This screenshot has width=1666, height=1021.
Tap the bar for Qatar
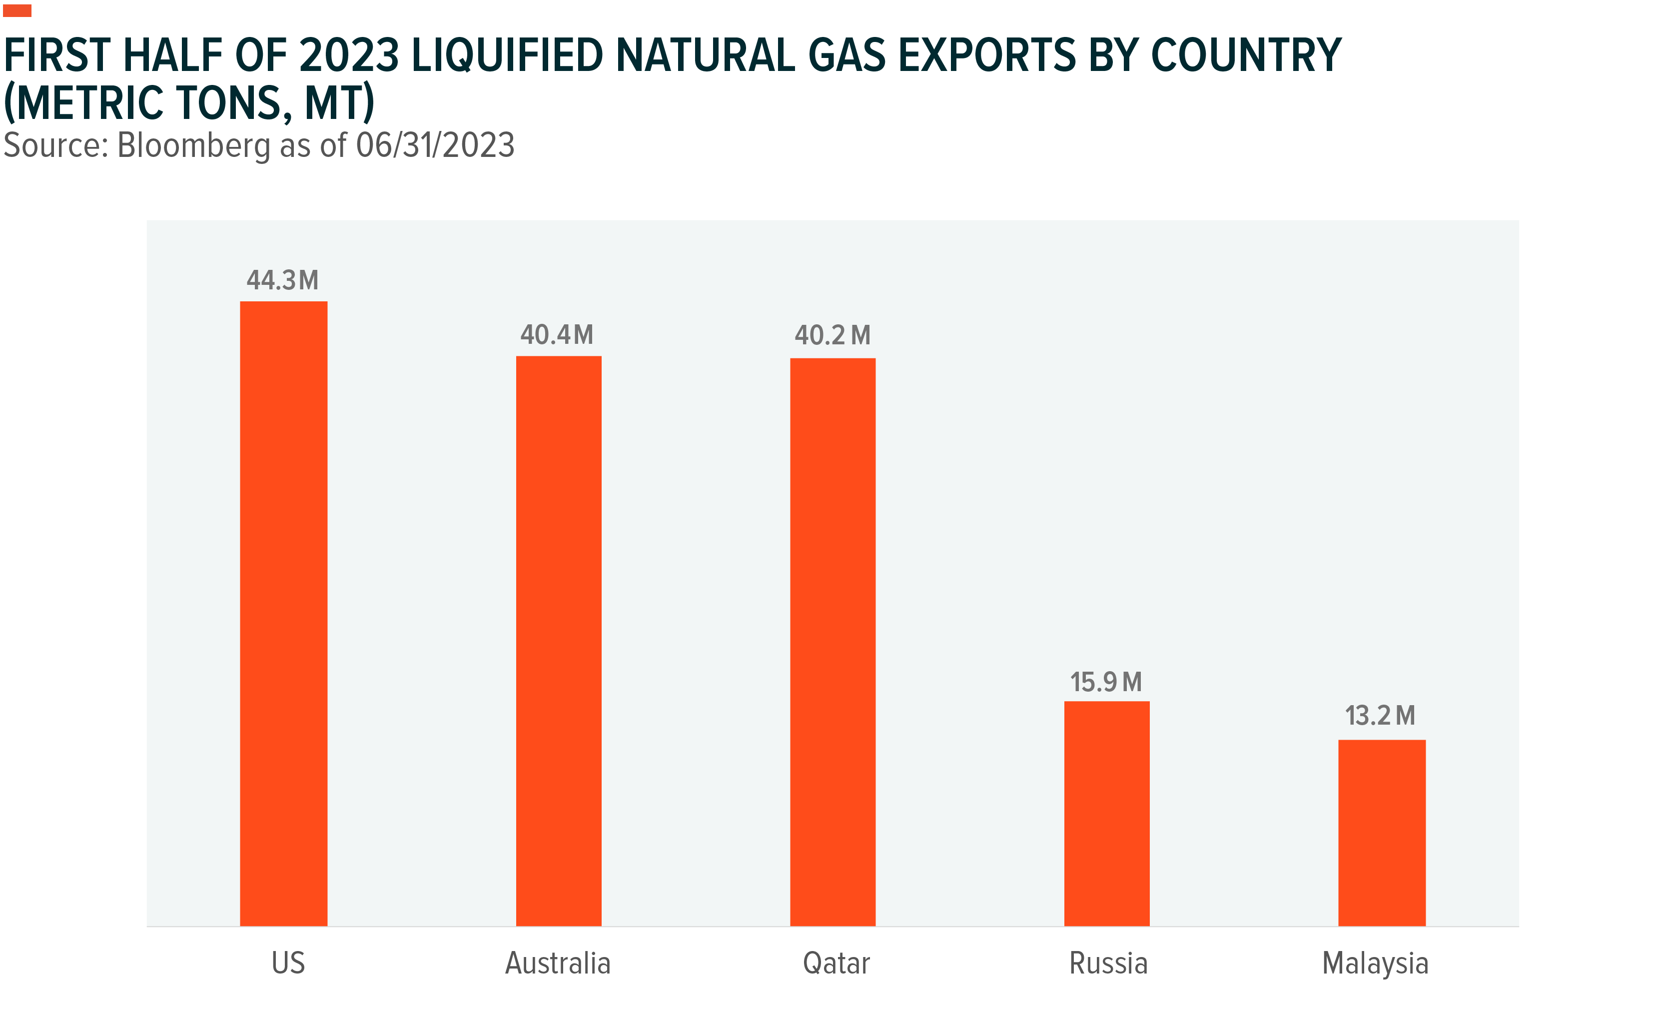[833, 642]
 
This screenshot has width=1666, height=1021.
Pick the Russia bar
[1106, 814]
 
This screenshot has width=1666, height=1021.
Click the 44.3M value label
[282, 280]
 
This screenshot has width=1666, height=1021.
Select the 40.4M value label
[557, 335]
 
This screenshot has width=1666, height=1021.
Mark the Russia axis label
[1108, 963]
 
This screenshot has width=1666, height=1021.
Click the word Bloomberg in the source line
[193, 145]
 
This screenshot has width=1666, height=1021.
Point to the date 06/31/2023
[435, 145]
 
